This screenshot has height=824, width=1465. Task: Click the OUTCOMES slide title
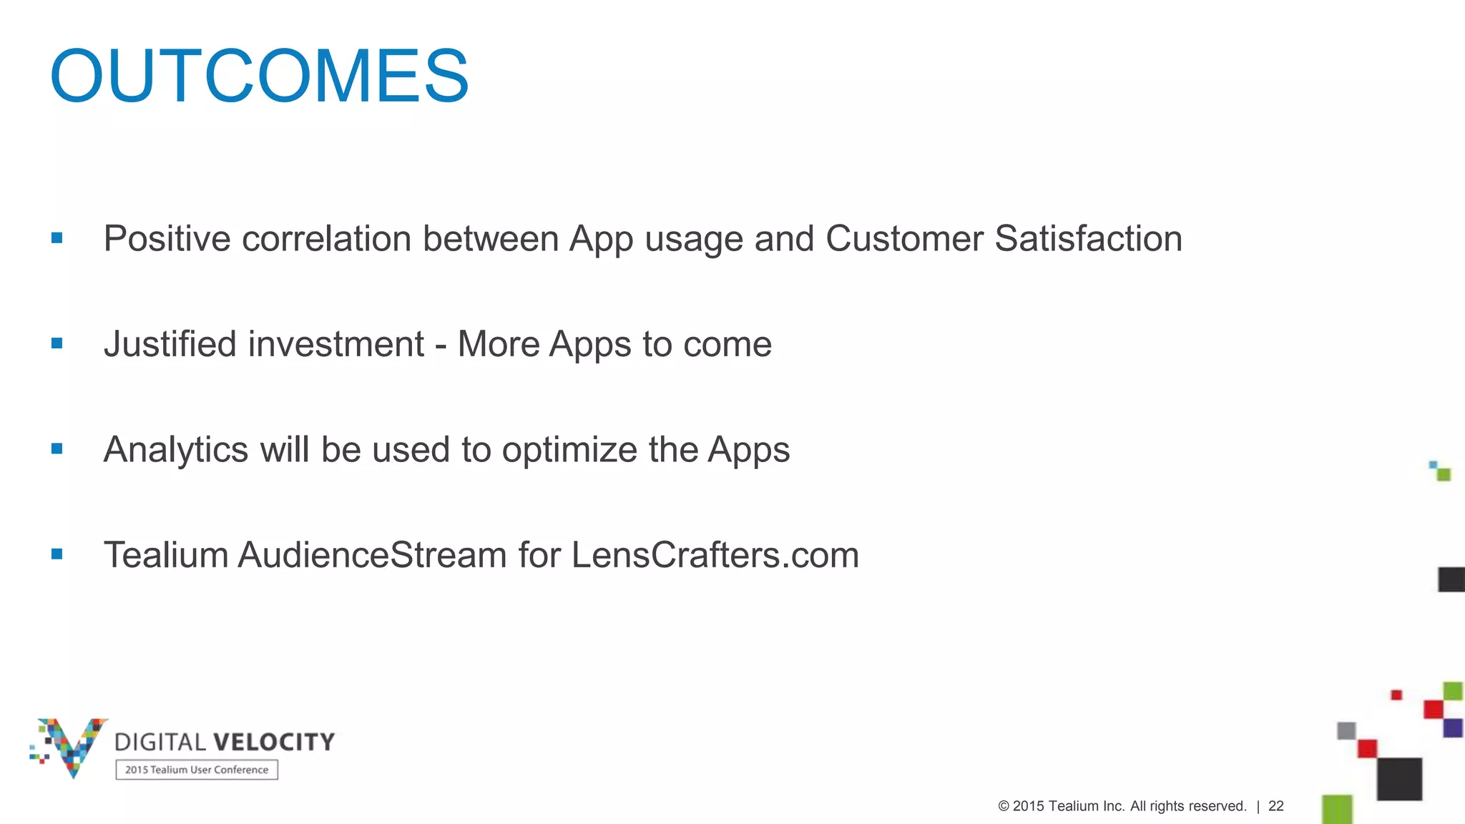[259, 76]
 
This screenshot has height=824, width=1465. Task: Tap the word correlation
[326, 239]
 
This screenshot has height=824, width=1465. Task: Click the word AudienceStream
[373, 555]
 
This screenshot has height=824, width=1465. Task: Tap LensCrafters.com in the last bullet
[715, 555]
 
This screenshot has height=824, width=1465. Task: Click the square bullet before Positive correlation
[57, 238]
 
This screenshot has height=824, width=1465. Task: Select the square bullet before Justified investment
[57, 343]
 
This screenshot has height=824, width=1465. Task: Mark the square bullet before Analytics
[57, 449]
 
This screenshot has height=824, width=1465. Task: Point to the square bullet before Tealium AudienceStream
[57, 554]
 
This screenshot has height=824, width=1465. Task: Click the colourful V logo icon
[70, 746]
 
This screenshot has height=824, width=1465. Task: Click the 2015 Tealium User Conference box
[197, 770]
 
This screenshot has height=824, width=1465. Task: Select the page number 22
[1276, 806]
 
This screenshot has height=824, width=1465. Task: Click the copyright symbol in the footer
[1004, 806]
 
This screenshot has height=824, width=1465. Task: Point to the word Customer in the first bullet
[904, 239]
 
